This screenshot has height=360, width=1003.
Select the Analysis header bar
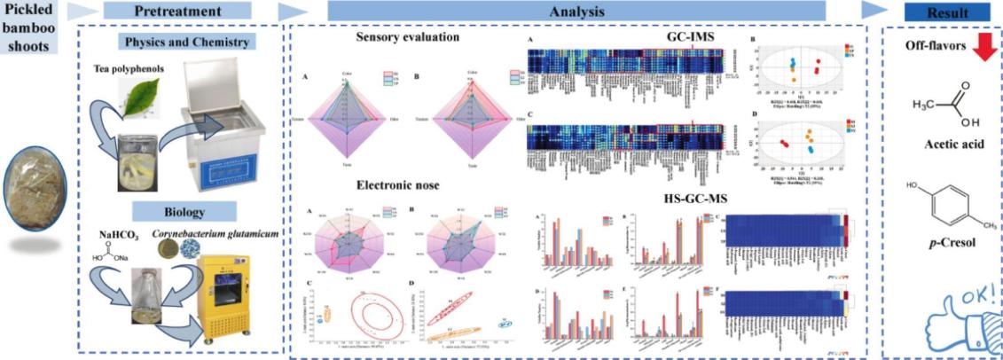576,12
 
